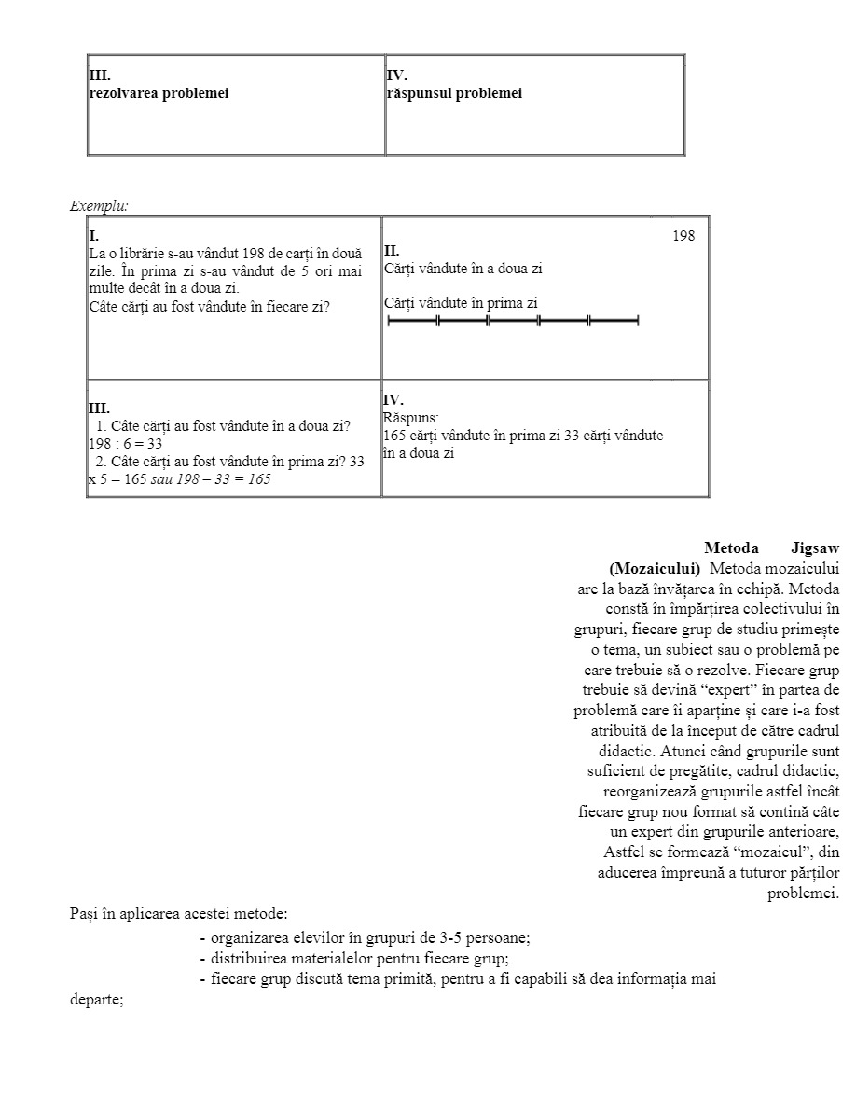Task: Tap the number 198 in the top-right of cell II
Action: click(683, 236)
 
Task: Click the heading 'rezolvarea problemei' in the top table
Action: click(159, 93)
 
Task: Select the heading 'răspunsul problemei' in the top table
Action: click(454, 93)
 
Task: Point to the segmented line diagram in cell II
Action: click(513, 322)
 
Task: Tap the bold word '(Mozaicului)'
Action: click(655, 568)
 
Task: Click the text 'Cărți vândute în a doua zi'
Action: click(463, 269)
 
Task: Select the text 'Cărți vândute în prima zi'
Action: click(461, 303)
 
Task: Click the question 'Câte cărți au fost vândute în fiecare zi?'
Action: click(209, 307)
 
